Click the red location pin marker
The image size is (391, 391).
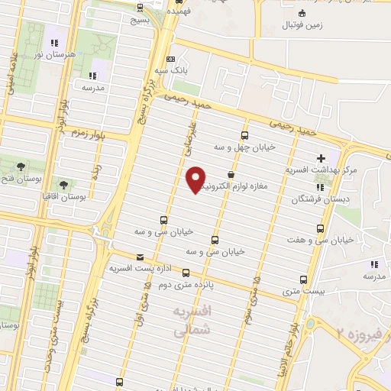click(x=195, y=179)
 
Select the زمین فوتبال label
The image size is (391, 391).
click(x=309, y=25)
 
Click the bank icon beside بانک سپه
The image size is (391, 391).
click(x=170, y=60)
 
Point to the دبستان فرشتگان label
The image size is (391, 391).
click(x=315, y=200)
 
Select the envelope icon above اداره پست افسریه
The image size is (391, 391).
click(x=139, y=257)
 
